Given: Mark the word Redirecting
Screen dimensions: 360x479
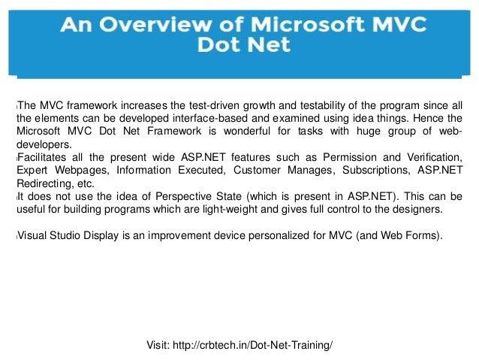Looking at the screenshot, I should (x=41, y=183).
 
